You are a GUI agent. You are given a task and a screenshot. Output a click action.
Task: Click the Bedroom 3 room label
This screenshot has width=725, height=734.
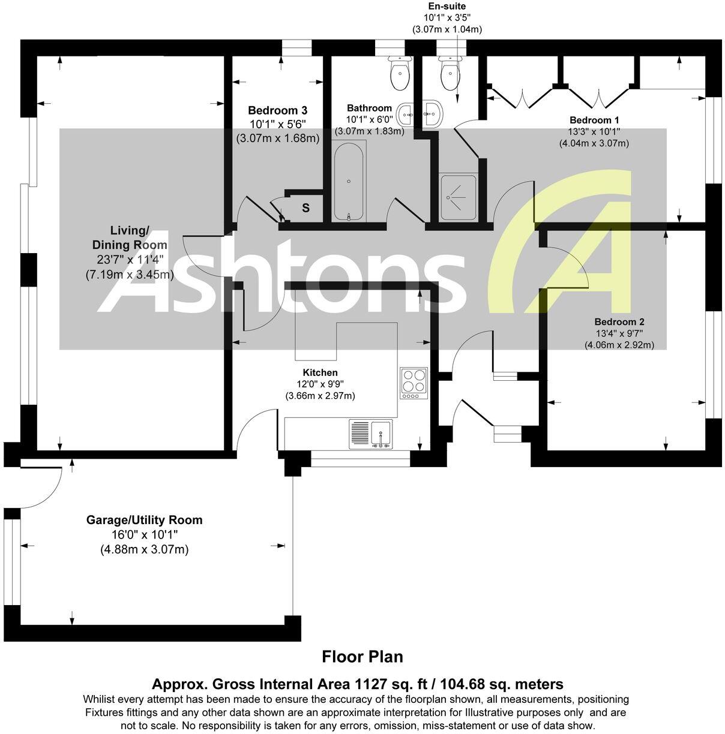point(277,110)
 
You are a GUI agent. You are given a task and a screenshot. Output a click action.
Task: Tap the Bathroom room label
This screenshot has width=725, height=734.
point(369,108)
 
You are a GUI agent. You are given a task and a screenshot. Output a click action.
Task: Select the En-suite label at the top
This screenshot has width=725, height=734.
point(447,6)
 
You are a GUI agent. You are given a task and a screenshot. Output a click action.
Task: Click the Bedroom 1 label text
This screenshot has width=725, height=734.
point(594,119)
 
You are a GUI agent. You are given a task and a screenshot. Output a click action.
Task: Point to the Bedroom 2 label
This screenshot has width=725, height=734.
point(619,321)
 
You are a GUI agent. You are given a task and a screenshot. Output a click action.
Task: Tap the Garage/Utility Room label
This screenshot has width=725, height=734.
point(144,520)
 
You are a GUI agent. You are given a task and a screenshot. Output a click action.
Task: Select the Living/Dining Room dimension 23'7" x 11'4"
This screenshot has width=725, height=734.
point(129,260)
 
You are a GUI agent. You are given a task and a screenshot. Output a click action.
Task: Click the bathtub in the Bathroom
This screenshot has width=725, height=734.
point(349,182)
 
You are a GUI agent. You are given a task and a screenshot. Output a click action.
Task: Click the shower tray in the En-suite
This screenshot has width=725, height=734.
point(458,197)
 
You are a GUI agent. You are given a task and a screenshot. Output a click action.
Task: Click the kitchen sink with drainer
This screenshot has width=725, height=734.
point(370,434)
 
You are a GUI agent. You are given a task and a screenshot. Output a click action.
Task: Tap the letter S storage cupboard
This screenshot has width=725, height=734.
point(305,208)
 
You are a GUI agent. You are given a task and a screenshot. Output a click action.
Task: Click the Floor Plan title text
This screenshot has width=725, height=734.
point(362,657)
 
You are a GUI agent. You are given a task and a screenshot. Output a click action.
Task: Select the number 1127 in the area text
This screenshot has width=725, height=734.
point(375,684)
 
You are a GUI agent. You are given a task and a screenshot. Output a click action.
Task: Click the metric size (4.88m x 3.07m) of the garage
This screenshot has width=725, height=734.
point(144,549)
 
